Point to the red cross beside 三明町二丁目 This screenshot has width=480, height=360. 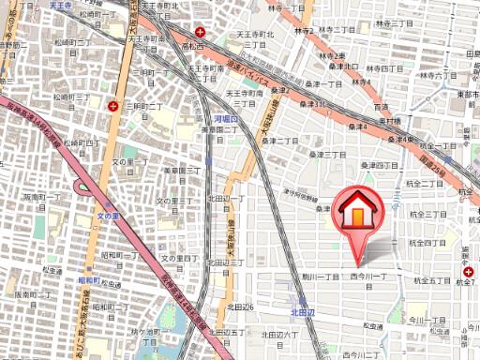click(113, 106)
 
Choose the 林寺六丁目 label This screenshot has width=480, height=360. click(420, 75)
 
